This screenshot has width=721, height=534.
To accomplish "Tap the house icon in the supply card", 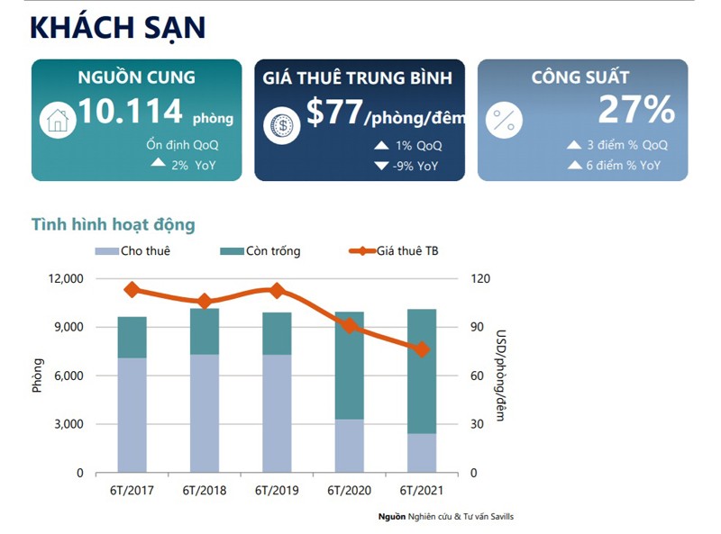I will pyautogui.click(x=58, y=120).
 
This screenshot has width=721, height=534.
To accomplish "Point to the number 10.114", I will pyautogui.click(x=131, y=113).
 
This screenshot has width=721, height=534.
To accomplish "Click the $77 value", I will pyautogui.click(x=333, y=113).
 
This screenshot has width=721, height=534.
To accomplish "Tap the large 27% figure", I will pyautogui.click(x=636, y=111).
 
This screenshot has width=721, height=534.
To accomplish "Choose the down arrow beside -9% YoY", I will pyautogui.click(x=381, y=166).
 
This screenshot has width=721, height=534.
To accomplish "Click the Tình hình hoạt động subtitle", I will pyautogui.click(x=113, y=224).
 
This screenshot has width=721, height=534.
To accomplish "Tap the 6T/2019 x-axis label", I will pyautogui.click(x=277, y=491).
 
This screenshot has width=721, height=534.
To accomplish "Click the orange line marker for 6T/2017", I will pyautogui.click(x=132, y=289).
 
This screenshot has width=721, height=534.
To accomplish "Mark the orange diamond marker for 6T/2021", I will pyautogui.click(x=422, y=348).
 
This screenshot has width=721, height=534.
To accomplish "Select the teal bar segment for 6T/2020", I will pyautogui.click(x=349, y=365).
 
